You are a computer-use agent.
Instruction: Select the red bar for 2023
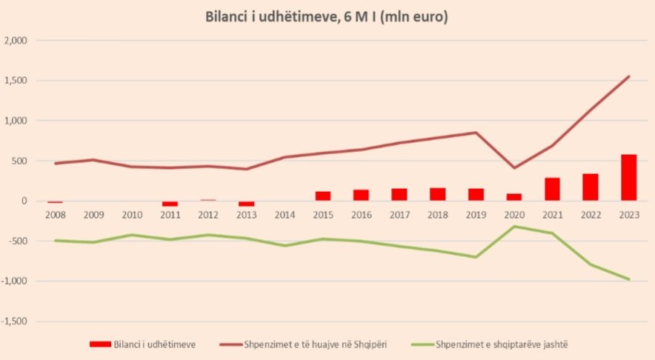tap(628, 177)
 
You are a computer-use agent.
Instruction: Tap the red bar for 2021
tap(552, 189)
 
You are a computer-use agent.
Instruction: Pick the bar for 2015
tap(323, 196)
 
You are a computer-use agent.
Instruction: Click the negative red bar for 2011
tap(170, 204)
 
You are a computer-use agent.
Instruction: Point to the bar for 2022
tap(591, 187)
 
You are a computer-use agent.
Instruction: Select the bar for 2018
tap(437, 194)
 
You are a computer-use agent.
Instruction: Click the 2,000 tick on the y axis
tap(16, 41)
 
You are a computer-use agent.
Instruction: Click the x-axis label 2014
tap(285, 215)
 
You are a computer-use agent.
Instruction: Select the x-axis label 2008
tap(56, 215)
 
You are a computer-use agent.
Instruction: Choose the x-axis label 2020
tap(514, 215)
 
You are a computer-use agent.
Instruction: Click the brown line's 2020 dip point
tap(514, 168)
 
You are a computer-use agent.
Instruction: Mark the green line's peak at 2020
tap(514, 226)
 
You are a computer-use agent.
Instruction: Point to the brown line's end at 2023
tap(629, 76)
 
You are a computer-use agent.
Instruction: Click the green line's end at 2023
tap(629, 279)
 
